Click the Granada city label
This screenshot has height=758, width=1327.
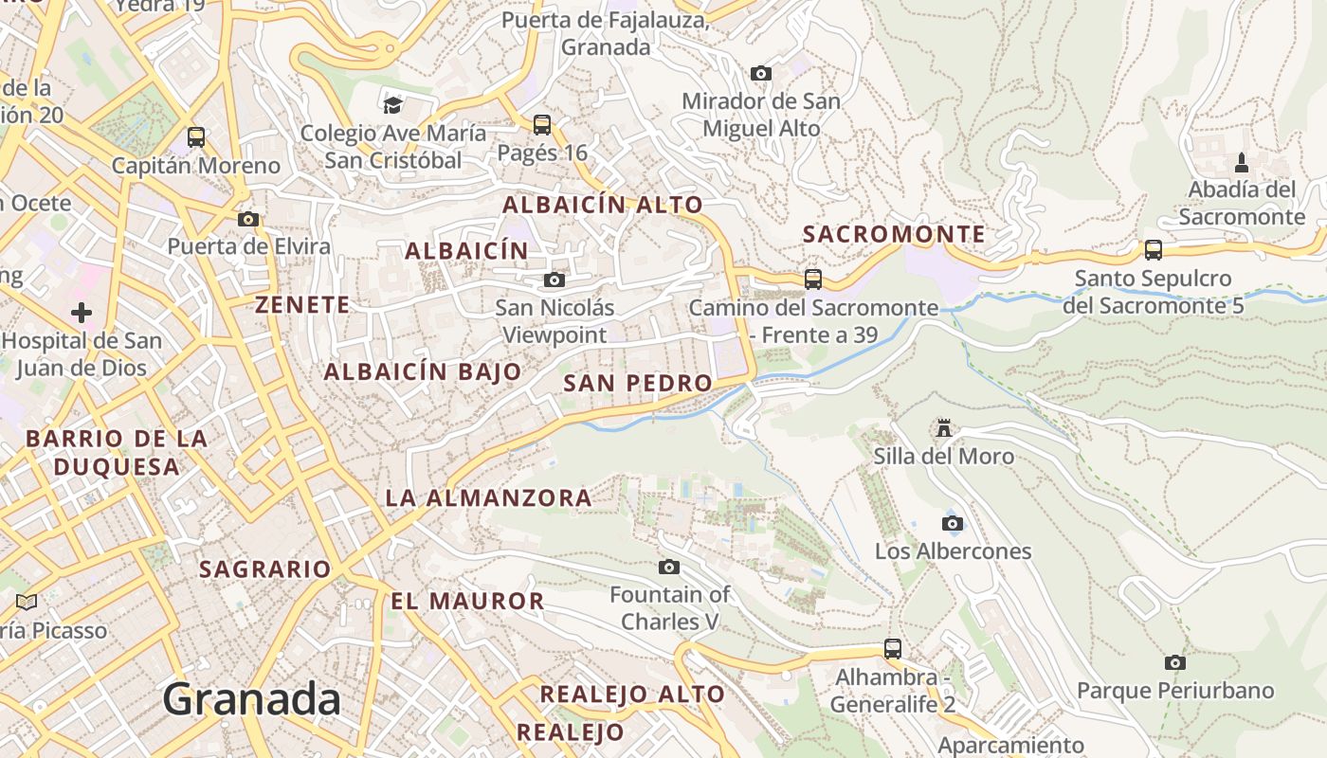coord(251,699)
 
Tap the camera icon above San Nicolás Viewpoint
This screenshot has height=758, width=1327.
coord(554,280)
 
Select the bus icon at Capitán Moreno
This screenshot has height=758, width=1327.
coord(196,137)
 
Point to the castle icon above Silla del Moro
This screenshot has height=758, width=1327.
coord(943,428)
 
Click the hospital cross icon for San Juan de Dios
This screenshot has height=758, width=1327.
coord(82,312)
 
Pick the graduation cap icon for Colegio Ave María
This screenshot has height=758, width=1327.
coord(392,104)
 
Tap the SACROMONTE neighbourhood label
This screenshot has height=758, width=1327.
coord(894,234)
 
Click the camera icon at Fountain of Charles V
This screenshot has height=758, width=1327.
coord(669,567)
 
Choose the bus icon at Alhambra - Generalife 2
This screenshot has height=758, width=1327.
coord(893,649)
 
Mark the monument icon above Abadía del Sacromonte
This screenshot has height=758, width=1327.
coord(1242,163)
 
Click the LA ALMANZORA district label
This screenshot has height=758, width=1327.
coord(488,497)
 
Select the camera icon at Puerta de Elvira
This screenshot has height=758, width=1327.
coord(248,219)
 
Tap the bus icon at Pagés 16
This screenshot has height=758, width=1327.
coord(542,124)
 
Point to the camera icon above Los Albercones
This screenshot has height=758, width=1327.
coord(953,523)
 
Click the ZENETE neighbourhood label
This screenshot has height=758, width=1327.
coord(302,304)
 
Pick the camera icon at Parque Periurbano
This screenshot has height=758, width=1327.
coord(1175,662)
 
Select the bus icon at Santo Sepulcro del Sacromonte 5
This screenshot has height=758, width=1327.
coord(1154,250)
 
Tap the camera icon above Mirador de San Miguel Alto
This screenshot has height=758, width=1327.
coord(760,73)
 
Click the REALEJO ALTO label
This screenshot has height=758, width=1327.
coord(632,694)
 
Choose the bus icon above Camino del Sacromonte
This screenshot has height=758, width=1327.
coord(813,280)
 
